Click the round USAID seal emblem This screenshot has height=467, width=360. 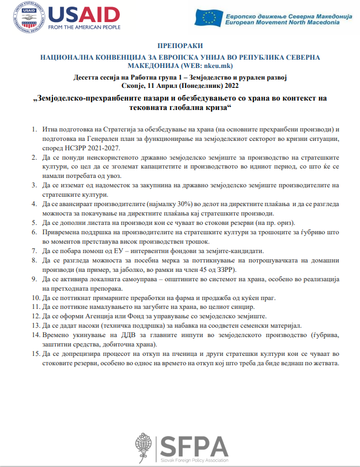coord(25,18)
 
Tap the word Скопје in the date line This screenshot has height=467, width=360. coord(130,86)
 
